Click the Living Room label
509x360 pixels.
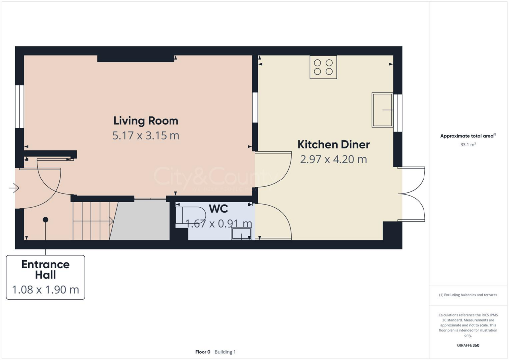tap(146, 120)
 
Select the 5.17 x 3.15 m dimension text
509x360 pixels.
tap(146, 135)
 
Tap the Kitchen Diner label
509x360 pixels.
tap(334, 144)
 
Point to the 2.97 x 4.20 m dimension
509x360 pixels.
tap(334, 159)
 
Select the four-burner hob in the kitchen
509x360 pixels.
tap(323, 67)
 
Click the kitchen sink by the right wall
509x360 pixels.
tap(382, 109)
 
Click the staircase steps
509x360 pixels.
tap(92, 220)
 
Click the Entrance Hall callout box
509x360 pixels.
tap(45, 277)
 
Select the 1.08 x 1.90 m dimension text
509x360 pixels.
tap(45, 290)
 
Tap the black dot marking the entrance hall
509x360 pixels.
tap(45, 219)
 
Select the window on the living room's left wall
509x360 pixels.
tap(19, 106)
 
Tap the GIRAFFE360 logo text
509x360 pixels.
tap(469, 345)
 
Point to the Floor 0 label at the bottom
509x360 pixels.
tap(203, 352)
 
